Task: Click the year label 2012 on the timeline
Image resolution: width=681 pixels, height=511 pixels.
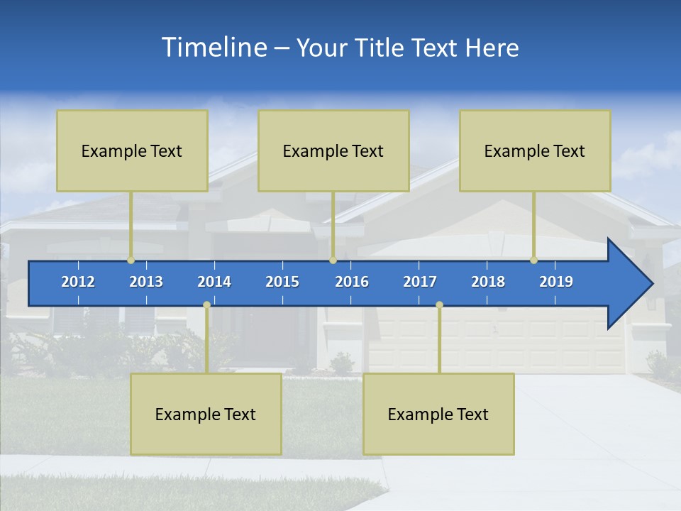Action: pos(78,282)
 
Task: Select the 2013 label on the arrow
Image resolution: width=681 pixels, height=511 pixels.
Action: pos(146,282)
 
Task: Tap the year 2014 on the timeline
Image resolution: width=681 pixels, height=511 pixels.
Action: pos(214,282)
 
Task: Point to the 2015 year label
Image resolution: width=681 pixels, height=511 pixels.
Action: pos(282,282)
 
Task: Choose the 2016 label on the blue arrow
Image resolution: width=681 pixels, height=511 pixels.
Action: pos(352,282)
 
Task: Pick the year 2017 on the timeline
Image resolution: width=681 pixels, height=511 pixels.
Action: pos(420,282)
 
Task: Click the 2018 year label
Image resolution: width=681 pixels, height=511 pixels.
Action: pos(488,282)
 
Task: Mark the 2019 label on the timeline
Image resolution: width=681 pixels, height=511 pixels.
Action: pos(556,282)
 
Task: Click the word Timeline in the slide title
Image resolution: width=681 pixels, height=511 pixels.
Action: pos(213,48)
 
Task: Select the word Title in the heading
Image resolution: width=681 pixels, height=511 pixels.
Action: pos(382,48)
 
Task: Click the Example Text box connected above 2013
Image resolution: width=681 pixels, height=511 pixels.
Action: pos(132,150)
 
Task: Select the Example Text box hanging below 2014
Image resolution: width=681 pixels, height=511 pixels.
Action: pos(206,414)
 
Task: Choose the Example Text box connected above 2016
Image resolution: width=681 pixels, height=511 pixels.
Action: pos(333,150)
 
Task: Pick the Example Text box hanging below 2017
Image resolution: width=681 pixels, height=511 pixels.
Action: pos(438,414)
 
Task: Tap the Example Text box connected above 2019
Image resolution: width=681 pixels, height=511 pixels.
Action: pos(535,150)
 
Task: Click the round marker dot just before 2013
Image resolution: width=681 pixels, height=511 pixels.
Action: pos(131,260)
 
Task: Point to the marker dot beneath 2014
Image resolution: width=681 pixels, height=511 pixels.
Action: pos(206,305)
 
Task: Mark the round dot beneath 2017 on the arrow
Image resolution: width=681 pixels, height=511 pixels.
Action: pos(439,305)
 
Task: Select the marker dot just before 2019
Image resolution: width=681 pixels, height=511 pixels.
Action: pos(533,260)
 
